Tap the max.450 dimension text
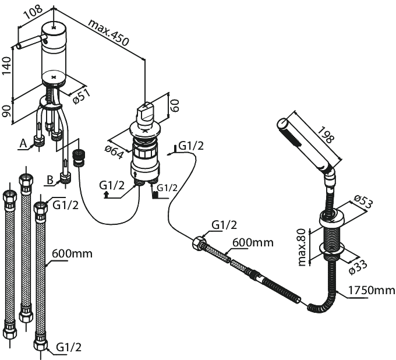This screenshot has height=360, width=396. pyautogui.click(x=109, y=33)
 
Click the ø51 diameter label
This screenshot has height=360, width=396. pyautogui.click(x=81, y=97)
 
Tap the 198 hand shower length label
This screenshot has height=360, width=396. pyautogui.click(x=326, y=135)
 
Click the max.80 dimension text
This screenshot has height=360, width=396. pyautogui.click(x=302, y=248)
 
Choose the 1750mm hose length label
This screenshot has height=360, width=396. pyautogui.click(x=372, y=290)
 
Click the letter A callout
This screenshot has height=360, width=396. pyautogui.click(x=23, y=144)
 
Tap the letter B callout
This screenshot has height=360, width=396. pyautogui.click(x=50, y=180)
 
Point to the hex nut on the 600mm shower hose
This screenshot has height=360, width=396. pyautogui.click(x=200, y=243)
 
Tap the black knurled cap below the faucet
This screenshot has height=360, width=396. pyautogui.click(x=80, y=158)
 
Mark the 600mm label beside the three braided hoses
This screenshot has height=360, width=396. pyautogui.click(x=72, y=253)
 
